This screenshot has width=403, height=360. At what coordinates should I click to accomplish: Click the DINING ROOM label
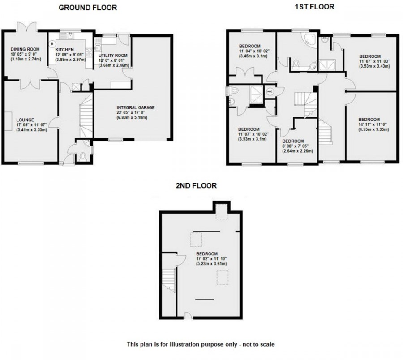coord(25,49)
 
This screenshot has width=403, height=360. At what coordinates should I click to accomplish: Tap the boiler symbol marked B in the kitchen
coord(53,44)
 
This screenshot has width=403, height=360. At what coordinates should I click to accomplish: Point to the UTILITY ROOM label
coord(113,56)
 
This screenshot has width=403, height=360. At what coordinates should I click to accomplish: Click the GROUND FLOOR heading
coord(88,8)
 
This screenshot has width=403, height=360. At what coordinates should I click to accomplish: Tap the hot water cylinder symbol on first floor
coord(270,91)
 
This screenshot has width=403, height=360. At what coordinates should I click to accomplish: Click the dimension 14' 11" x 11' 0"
coord(373,124)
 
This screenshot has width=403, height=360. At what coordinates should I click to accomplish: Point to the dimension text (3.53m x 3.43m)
coord(374,66)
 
